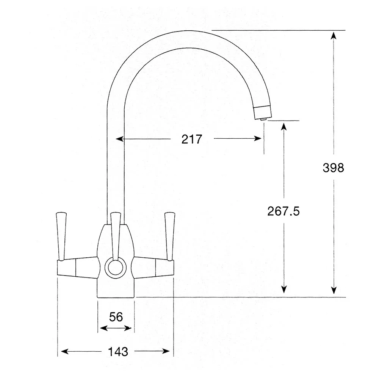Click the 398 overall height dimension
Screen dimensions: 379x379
tap(333, 168)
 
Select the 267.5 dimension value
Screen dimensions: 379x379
tap(283, 211)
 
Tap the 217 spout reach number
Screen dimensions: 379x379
tap(192, 139)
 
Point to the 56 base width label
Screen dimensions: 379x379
tap(116, 317)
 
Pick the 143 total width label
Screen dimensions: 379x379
tap(117, 352)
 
